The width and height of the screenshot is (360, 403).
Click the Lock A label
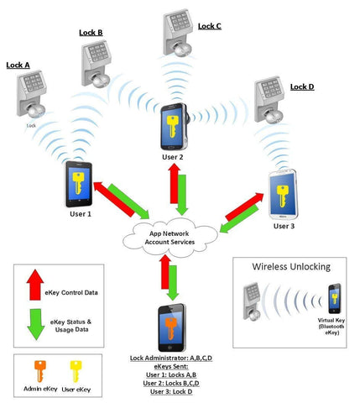(x=18, y=65)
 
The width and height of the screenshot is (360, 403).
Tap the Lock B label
(x=91, y=33)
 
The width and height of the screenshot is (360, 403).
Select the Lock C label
(x=210, y=26)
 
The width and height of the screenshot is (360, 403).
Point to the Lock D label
(x=302, y=87)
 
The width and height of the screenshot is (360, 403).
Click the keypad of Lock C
(x=180, y=22)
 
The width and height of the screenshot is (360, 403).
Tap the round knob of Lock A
(x=36, y=111)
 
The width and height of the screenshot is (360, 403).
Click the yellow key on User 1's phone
(x=78, y=183)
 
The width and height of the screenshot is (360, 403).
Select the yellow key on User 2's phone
(x=172, y=126)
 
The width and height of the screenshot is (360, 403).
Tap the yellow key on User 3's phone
(x=282, y=196)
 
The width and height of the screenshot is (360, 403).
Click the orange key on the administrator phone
(x=171, y=328)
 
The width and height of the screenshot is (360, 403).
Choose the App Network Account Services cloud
(x=170, y=238)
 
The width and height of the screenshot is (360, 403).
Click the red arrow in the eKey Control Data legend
(x=35, y=285)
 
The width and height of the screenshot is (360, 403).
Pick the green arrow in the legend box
(x=36, y=325)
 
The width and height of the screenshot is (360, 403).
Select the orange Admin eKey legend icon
(x=40, y=371)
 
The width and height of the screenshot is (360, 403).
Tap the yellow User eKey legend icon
(x=76, y=372)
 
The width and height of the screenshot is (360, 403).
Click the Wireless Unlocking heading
(x=291, y=267)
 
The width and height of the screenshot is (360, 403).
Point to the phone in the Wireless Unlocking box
(x=335, y=299)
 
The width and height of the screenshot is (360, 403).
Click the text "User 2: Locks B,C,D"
(x=171, y=383)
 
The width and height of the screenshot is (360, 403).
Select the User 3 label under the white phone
(x=284, y=226)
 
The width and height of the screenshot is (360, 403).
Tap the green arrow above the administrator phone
(x=173, y=283)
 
